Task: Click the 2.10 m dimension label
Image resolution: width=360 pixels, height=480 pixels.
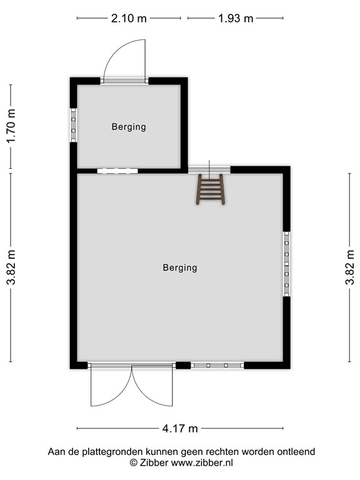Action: click(x=129, y=18)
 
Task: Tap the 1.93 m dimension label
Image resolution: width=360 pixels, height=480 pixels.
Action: click(x=236, y=18)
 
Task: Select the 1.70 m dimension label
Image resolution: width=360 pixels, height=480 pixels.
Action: click(x=11, y=126)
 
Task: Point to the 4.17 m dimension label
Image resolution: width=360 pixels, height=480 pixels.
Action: click(x=180, y=429)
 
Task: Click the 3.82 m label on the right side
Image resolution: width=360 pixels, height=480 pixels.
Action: click(x=350, y=267)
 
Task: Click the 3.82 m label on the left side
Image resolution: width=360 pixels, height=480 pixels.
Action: click(x=11, y=267)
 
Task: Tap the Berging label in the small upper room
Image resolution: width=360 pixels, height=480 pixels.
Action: click(x=129, y=127)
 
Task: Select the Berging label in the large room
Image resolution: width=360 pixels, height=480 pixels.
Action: click(x=180, y=268)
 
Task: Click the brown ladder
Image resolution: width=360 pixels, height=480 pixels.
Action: click(x=211, y=189)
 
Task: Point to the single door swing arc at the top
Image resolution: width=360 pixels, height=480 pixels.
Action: click(x=115, y=51)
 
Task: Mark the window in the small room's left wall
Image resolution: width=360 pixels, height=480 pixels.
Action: click(x=74, y=125)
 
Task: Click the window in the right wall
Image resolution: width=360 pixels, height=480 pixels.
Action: click(x=286, y=264)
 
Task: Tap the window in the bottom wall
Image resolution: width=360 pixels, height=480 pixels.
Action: click(x=217, y=365)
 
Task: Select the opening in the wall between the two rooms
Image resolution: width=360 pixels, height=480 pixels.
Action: click(x=117, y=171)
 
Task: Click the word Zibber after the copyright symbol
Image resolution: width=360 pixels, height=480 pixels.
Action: click(x=154, y=462)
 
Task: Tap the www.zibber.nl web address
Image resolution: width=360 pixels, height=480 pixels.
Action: click(x=202, y=462)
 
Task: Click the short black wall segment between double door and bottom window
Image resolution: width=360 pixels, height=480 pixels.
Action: click(x=183, y=365)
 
